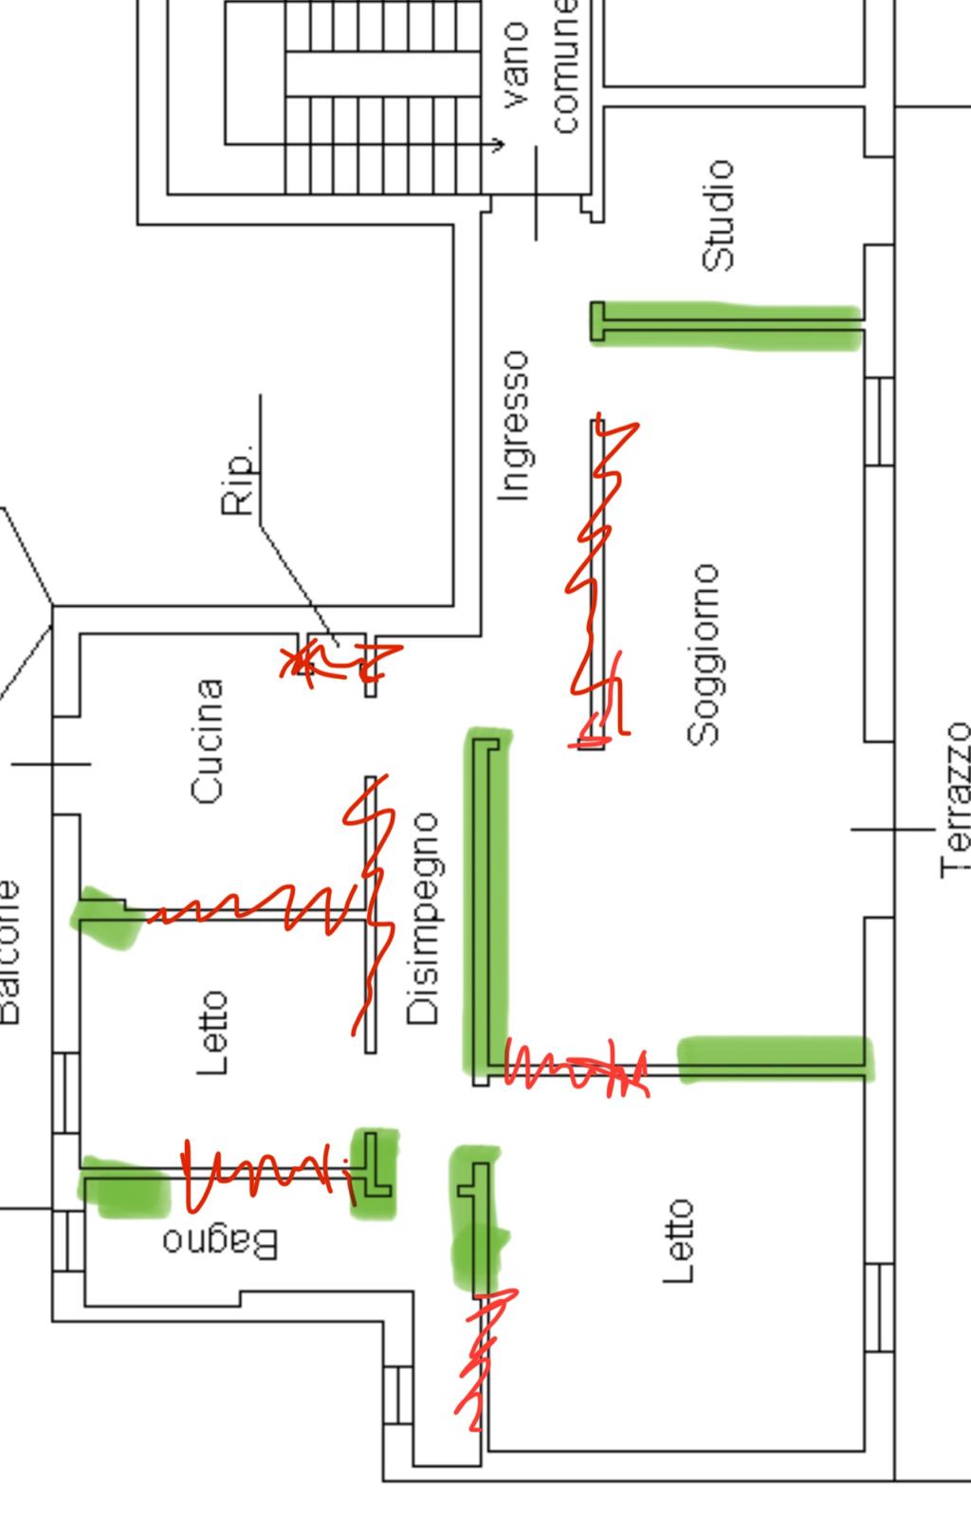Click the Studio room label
pos(718,215)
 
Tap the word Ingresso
pos(513,425)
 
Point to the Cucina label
pos(208,741)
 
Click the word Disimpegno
pos(423,919)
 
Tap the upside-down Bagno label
pos(220,1242)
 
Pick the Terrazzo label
pos(956,800)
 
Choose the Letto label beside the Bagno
pos(212,1033)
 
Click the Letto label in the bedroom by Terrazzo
pos(679,1241)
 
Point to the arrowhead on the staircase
pos(500,145)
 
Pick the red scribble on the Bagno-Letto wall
pos(266,1176)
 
